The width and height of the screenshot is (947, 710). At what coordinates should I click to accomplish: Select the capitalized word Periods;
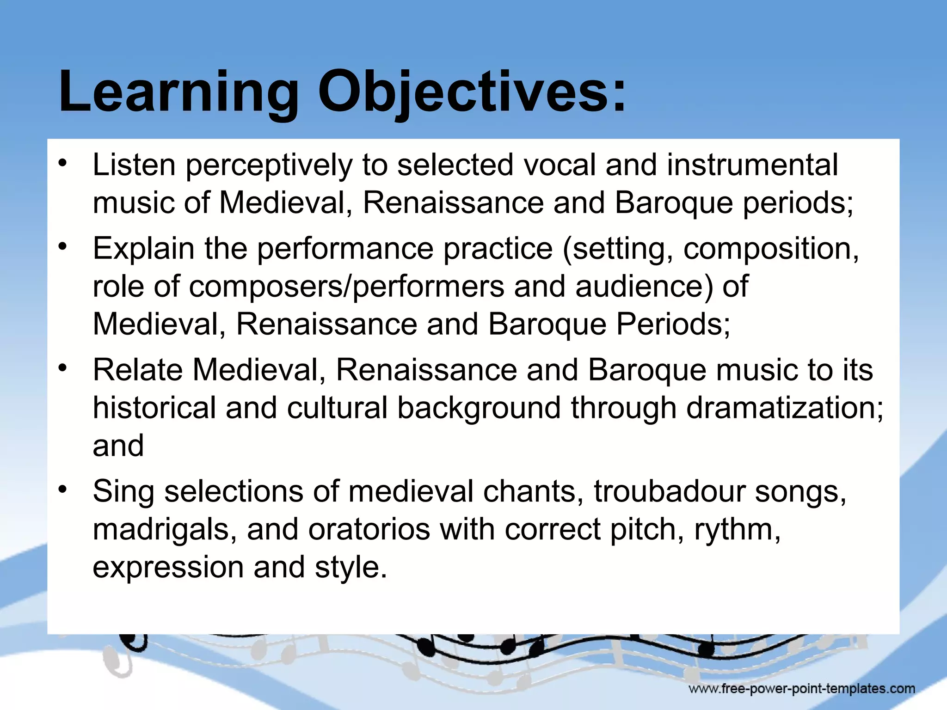click(x=673, y=324)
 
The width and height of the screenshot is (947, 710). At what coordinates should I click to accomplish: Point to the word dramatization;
click(x=784, y=408)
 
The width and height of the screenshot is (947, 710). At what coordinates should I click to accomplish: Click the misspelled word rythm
click(x=737, y=530)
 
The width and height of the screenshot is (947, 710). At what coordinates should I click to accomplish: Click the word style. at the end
click(x=351, y=568)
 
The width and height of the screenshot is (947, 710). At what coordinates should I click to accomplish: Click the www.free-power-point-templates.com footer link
click(x=801, y=689)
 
